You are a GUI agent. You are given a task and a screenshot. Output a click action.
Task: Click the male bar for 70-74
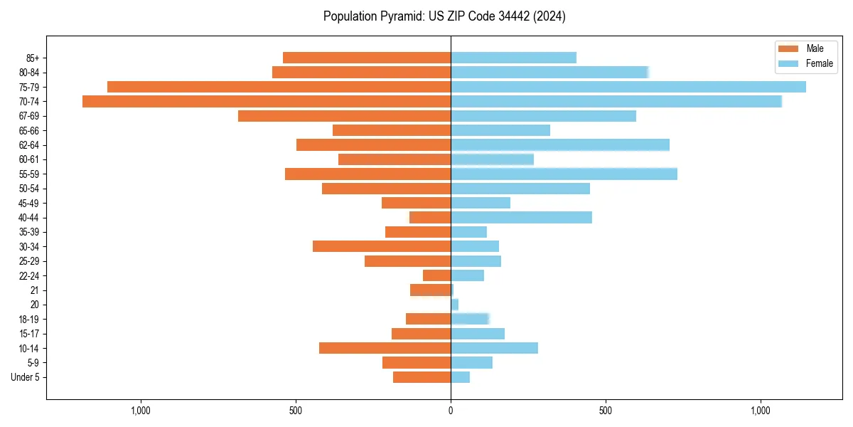tap(267, 101)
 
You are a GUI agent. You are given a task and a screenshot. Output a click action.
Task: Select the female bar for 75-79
tap(628, 87)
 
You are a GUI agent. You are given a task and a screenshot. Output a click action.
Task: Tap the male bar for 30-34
tap(382, 246)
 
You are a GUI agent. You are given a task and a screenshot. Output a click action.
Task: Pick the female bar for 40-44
tap(521, 217)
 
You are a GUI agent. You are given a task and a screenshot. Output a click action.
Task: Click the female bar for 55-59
tap(564, 174)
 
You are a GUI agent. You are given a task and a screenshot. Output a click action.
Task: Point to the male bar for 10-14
tap(385, 348)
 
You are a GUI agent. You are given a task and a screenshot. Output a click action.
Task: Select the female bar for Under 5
tap(460, 377)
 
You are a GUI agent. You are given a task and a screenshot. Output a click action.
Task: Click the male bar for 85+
tap(367, 58)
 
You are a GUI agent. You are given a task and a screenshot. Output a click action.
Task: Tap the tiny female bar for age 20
tap(454, 305)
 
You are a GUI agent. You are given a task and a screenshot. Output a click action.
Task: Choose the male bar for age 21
tap(430, 290)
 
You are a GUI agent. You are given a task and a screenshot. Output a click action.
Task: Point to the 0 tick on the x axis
tap(451, 411)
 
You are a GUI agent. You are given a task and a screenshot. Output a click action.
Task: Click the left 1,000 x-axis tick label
tap(141, 411)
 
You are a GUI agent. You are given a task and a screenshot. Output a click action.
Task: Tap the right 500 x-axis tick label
tap(605, 411)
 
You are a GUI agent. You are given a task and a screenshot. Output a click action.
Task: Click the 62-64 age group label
tap(29, 145)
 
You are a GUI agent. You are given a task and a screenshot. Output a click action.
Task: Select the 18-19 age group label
tap(29, 320)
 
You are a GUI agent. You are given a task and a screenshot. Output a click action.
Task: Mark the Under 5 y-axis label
tap(25, 377)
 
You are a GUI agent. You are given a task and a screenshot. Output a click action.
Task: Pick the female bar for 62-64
tap(560, 144)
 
